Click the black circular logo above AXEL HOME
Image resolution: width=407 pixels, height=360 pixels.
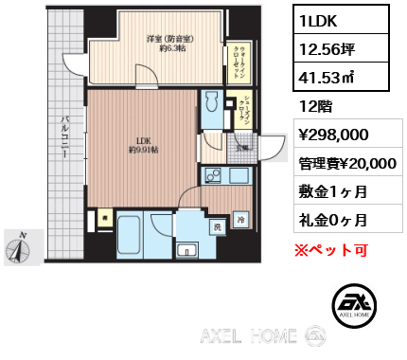351,303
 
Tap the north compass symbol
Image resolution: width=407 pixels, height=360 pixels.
18,248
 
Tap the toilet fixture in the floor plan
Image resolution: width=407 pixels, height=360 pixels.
210,106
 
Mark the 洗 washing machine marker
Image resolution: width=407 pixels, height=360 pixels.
217,226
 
